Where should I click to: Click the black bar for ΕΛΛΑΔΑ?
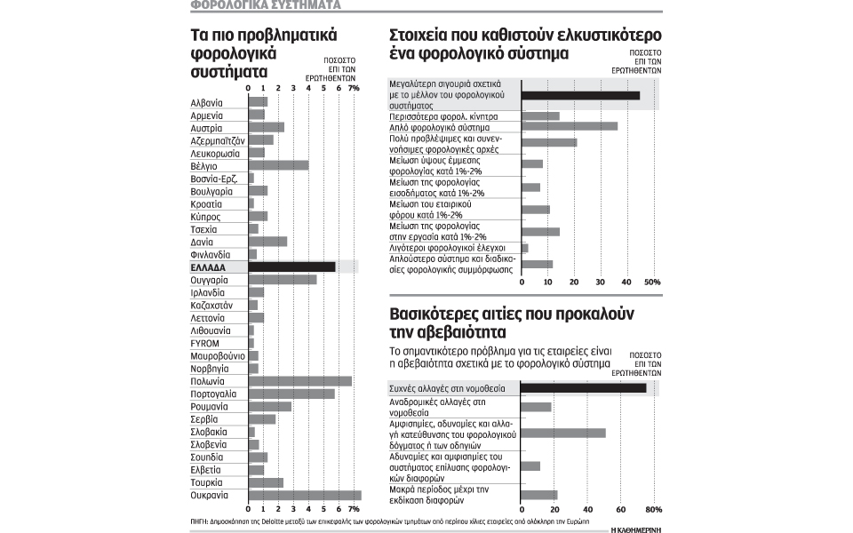pyautogui.click(x=291, y=266)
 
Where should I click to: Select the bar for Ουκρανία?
pyautogui.click(x=305, y=495)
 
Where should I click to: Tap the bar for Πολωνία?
pyautogui.click(x=299, y=381)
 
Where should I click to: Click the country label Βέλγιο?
pyautogui.click(x=204, y=165)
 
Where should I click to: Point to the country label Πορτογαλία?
pyautogui.click(x=212, y=394)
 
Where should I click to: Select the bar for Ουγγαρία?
pyautogui.click(x=283, y=280)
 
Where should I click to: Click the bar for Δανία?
pyautogui.click(x=267, y=242)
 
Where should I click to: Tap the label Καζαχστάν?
pyautogui.click(x=211, y=305)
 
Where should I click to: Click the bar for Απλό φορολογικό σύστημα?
pyautogui.click(x=570, y=126)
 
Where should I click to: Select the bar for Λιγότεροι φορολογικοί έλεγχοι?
pyautogui.click(x=525, y=248)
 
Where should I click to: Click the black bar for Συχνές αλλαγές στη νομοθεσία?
pyautogui.click(x=584, y=388)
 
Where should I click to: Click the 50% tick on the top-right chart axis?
pyautogui.click(x=651, y=282)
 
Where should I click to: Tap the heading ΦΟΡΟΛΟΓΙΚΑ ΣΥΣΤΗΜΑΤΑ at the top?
pyautogui.click(x=264, y=5)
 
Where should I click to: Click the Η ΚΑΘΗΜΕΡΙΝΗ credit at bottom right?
pyautogui.click(x=637, y=528)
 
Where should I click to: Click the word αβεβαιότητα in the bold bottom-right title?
pyautogui.click(x=441, y=333)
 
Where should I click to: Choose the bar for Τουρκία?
pyautogui.click(x=266, y=482)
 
